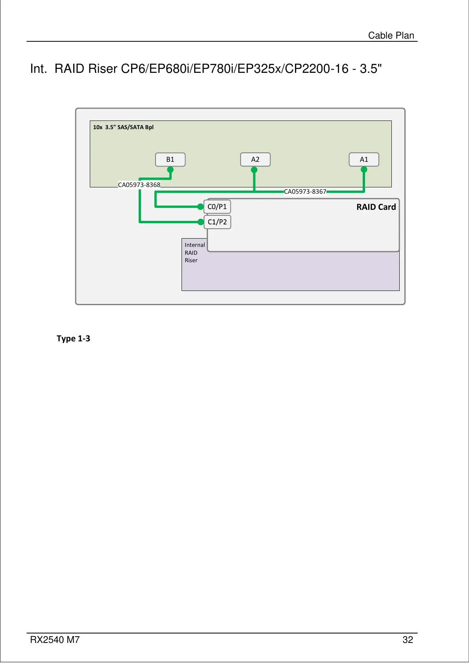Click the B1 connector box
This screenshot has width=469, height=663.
click(170, 159)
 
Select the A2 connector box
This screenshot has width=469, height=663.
click(255, 159)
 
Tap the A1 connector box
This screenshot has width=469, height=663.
click(364, 159)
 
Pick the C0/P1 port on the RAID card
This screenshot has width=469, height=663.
click(217, 207)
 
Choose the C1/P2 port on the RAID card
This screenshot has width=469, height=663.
click(217, 222)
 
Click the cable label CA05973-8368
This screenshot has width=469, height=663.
click(139, 185)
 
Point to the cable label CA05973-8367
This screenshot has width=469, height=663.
click(305, 192)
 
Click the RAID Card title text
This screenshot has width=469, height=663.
click(376, 207)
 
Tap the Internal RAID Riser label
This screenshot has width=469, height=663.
click(195, 253)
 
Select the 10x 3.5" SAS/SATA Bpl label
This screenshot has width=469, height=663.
click(123, 127)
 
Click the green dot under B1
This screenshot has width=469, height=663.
click(170, 170)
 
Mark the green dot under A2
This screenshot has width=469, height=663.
click(254, 170)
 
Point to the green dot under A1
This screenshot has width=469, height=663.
click(364, 170)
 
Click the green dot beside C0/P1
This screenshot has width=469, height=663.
click(201, 206)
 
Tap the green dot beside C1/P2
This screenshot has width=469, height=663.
click(201, 222)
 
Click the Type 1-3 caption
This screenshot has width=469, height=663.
click(73, 339)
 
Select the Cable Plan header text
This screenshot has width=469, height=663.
click(391, 35)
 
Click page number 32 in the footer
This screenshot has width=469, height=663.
click(408, 640)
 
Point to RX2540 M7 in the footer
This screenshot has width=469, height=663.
click(55, 640)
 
